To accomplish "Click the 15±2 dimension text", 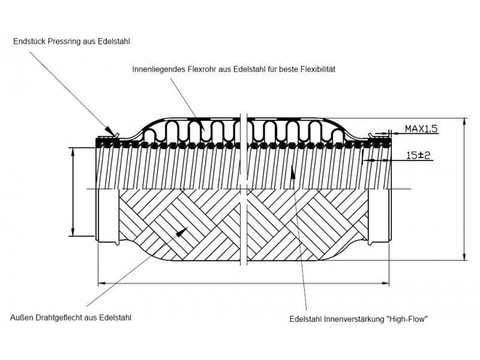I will pyautogui.click(x=418, y=155).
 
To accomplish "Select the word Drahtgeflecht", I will pyautogui.click(x=58, y=317).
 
